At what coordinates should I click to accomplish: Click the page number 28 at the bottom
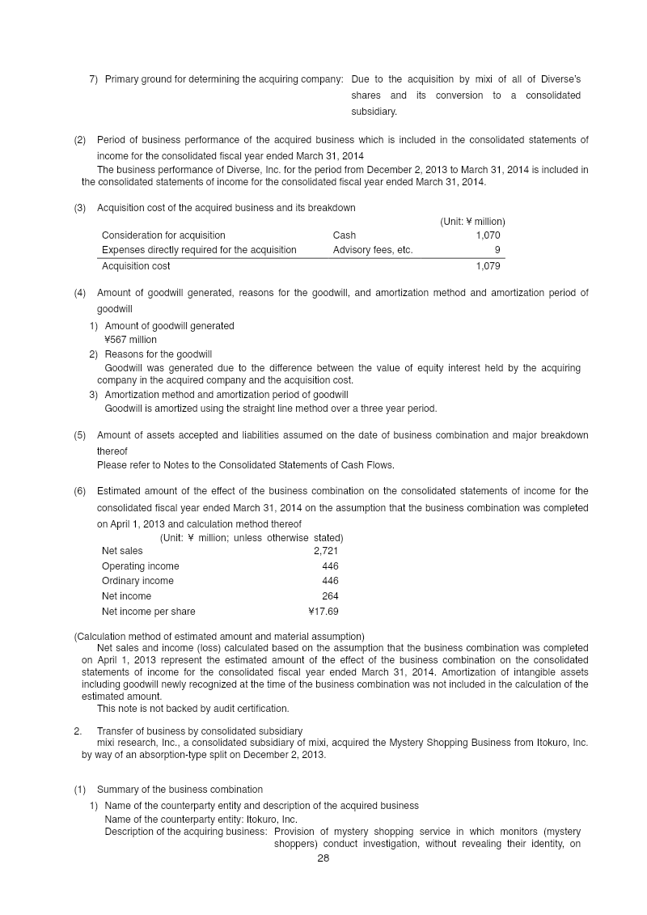[x=323, y=859]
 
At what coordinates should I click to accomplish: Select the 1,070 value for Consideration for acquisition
[x=488, y=235]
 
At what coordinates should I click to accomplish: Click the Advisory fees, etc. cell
[x=372, y=250]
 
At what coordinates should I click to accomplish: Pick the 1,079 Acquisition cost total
[x=488, y=266]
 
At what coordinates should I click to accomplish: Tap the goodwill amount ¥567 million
[x=131, y=340]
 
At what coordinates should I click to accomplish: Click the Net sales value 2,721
[x=325, y=551]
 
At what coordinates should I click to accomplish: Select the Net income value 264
[x=330, y=596]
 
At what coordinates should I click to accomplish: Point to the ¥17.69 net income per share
[x=323, y=612]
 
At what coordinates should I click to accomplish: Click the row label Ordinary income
[x=137, y=581]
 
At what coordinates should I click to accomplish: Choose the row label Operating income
[x=140, y=566]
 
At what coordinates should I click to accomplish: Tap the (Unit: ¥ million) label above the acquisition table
[x=472, y=221]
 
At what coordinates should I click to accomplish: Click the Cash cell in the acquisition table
[x=345, y=235]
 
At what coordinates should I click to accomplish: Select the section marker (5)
[x=80, y=435]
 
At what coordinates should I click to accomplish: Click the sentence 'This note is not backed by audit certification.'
[x=192, y=709]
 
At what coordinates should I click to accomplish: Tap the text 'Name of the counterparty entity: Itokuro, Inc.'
[x=201, y=820]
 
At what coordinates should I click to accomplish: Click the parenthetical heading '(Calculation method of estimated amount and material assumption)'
[x=219, y=636]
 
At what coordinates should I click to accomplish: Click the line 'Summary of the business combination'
[x=180, y=790]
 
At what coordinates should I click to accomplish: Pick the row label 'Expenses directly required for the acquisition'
[x=199, y=250]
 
